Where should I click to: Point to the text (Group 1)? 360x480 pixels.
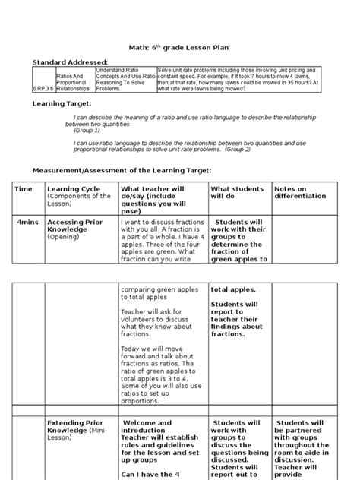coord(87,131)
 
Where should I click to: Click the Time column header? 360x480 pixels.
coord(24,188)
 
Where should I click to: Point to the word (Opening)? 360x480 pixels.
coord(66,237)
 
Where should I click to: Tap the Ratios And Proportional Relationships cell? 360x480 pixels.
coord(74,81)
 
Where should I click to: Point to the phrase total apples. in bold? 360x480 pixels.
coord(232,289)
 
